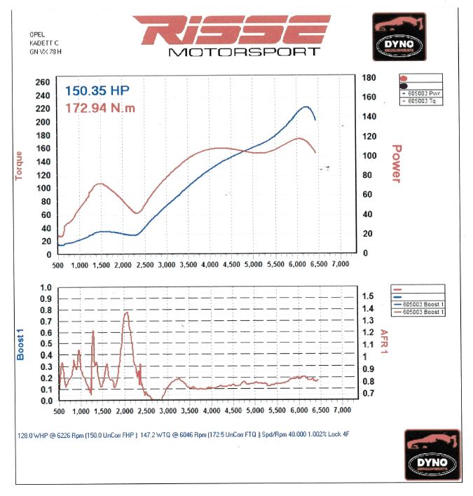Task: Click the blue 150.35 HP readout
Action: [97, 90]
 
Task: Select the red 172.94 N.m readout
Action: [101, 108]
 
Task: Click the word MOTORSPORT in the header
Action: [245, 52]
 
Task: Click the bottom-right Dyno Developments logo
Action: [432, 455]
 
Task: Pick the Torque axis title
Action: [19, 167]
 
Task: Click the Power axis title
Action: [396, 164]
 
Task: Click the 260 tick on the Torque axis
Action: [43, 82]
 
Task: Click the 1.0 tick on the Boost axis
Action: [46, 288]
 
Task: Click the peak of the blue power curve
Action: [306, 106]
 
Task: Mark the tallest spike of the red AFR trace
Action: [126, 312]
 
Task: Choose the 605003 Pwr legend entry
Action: [420, 93]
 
